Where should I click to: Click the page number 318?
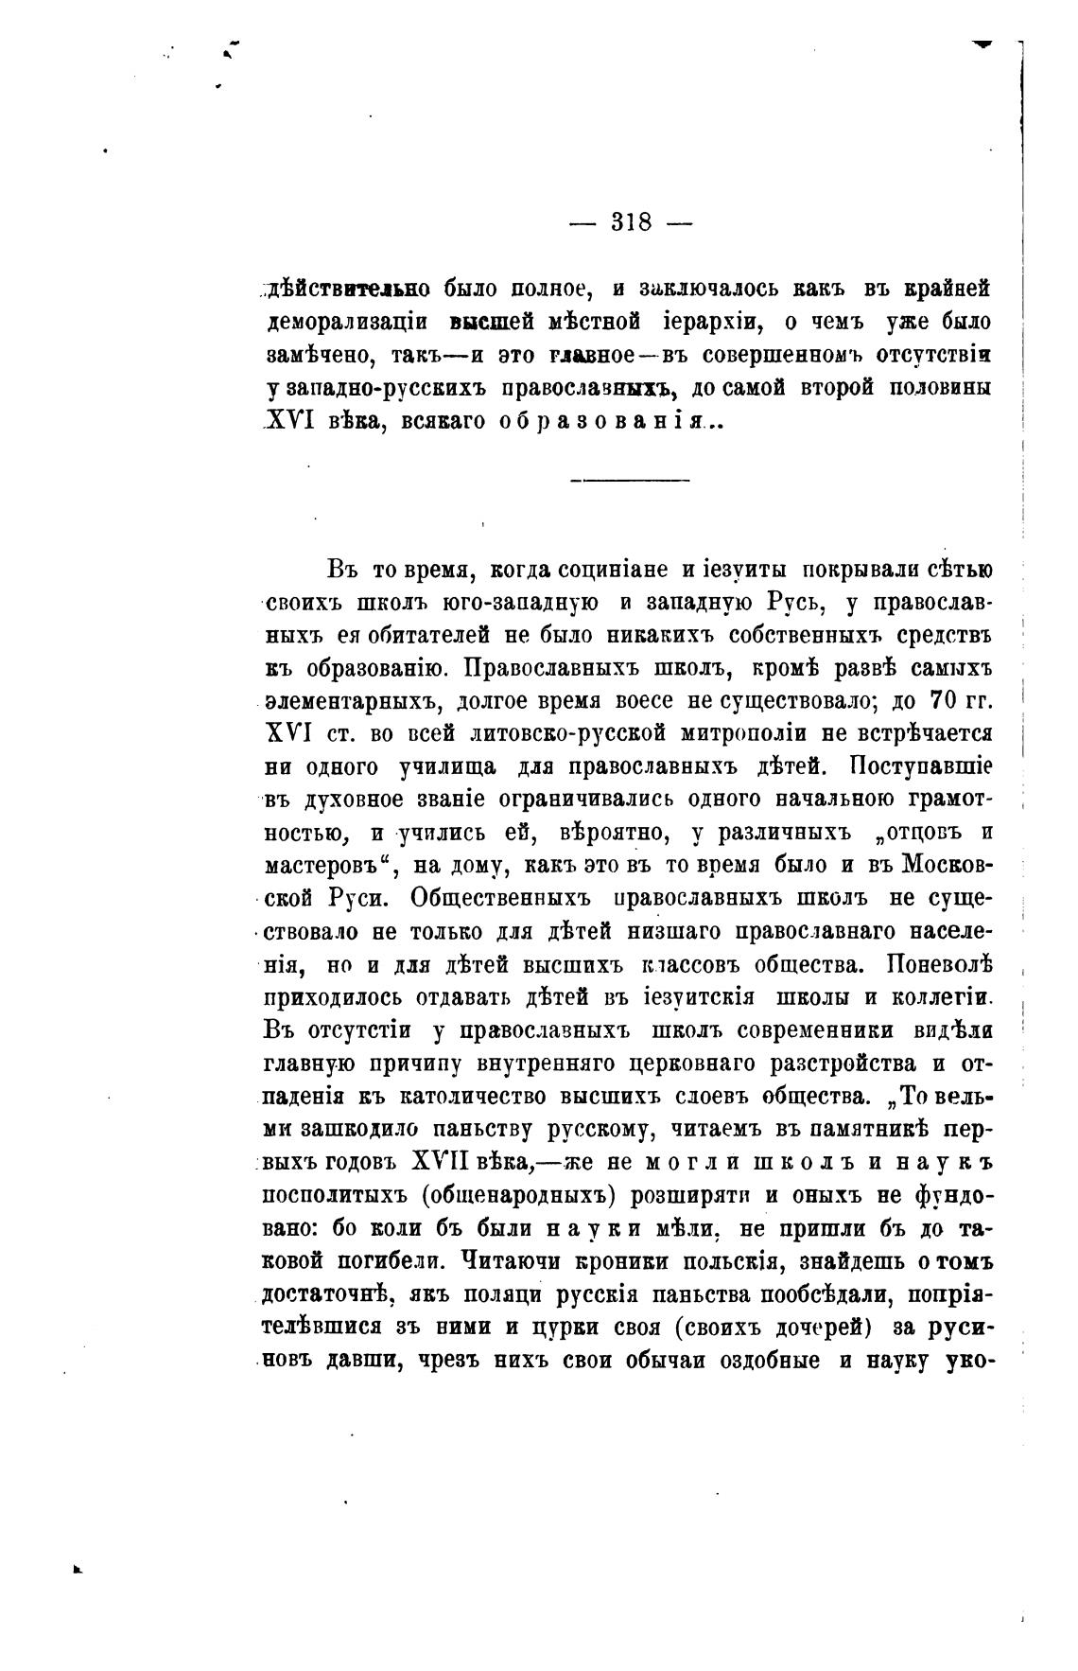click(x=632, y=222)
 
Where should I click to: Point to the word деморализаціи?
click(x=347, y=321)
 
